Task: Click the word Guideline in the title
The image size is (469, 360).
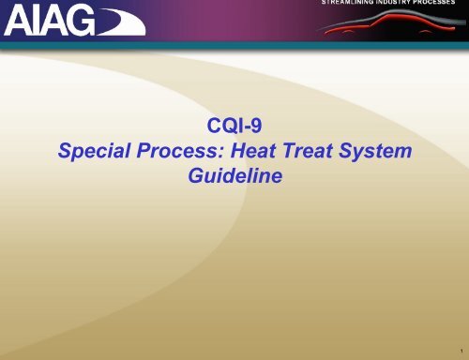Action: coord(234,175)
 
